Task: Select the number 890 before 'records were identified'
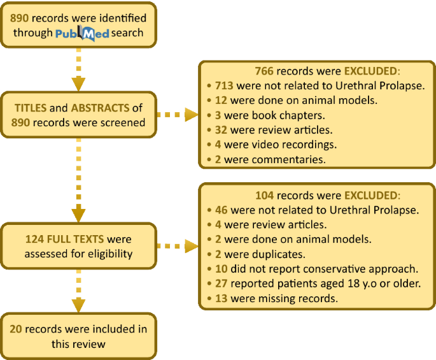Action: tap(20, 18)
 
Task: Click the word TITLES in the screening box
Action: tap(31, 108)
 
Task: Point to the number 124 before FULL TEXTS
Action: tap(35, 240)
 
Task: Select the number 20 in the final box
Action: tap(17, 329)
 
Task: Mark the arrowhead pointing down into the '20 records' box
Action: tap(78, 306)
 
